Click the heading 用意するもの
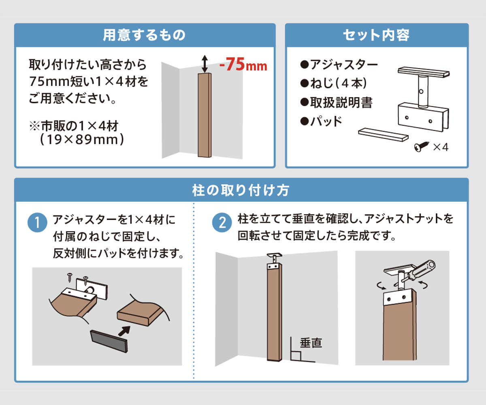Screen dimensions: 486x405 point(144,35)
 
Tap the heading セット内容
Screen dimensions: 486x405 point(376,35)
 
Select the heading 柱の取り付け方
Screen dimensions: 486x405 point(241,190)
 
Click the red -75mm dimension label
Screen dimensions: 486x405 point(243,64)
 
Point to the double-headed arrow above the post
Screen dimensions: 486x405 point(205,64)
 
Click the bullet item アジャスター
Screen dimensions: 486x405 point(339,64)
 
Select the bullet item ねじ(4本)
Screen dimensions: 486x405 point(334,83)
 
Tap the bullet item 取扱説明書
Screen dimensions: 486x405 point(336,102)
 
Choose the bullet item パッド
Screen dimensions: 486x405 point(321,121)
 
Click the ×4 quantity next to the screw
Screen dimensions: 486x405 point(441,147)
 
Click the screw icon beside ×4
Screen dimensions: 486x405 point(421,147)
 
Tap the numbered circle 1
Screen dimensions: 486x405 point(37,222)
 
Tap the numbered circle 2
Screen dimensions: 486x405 point(222,222)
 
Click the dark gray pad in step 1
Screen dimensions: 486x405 point(109,341)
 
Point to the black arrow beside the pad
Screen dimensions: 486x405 point(124,331)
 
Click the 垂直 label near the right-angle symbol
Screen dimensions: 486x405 point(311,343)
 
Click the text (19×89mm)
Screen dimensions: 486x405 point(82,140)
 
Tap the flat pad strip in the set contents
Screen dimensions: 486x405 point(383,135)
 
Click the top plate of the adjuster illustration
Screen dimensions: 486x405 point(424,72)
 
